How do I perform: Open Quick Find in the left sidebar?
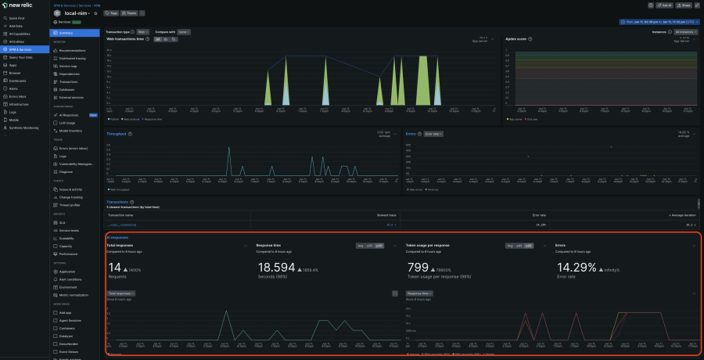point(17,17)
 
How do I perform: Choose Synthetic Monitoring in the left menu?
point(25,127)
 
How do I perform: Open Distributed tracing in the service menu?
point(73,58)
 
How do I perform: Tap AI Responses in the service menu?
point(70,114)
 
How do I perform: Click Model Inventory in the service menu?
point(72,130)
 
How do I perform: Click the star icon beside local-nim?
point(95,13)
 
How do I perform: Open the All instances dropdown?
point(684,32)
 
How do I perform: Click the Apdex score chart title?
point(515,38)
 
